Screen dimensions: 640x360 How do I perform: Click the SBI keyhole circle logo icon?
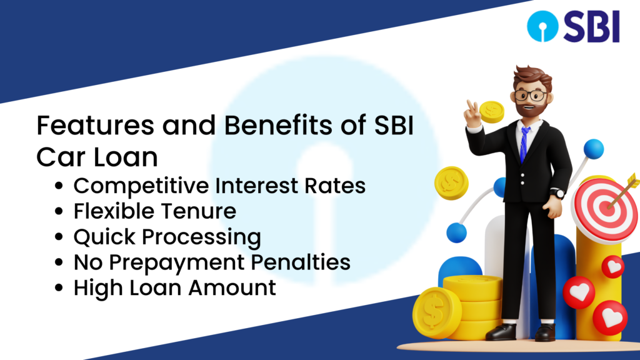542,26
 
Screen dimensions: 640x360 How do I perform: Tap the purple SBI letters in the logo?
592,26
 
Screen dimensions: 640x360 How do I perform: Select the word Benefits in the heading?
277,125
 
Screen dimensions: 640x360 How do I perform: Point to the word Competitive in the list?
141,186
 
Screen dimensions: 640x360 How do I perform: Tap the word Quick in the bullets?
104,237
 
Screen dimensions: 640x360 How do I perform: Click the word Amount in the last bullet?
232,287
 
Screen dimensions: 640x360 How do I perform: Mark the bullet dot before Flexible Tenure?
59,211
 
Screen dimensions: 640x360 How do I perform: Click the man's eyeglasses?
530,96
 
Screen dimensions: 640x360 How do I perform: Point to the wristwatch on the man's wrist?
557,194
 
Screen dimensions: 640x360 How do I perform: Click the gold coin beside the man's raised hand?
492,112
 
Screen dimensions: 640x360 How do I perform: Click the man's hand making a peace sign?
473,114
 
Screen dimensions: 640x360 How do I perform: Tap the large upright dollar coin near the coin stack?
436,312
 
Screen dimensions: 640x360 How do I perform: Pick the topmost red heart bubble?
612,267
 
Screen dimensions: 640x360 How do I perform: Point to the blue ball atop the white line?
594,149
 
